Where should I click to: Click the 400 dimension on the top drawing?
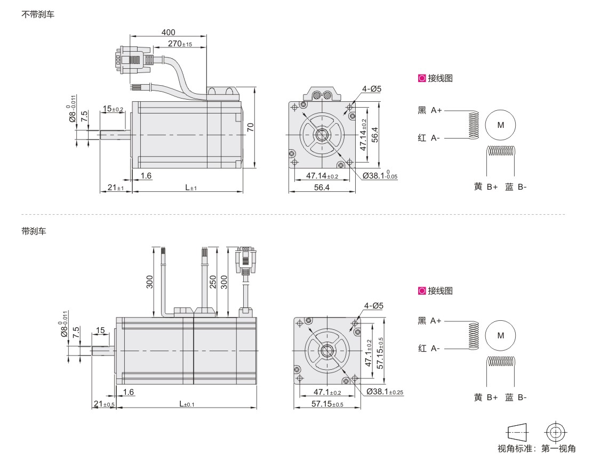[168, 33]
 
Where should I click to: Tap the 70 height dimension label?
[250, 127]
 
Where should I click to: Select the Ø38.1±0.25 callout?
[384, 392]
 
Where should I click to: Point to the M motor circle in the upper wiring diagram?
[500, 124]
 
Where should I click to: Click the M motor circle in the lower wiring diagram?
[500, 335]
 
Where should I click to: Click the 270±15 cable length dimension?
[180, 44]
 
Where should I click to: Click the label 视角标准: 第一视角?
[537, 448]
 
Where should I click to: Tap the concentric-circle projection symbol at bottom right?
[555, 431]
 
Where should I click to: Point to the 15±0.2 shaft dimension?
[113, 109]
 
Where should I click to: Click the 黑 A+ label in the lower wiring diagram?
[429, 321]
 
